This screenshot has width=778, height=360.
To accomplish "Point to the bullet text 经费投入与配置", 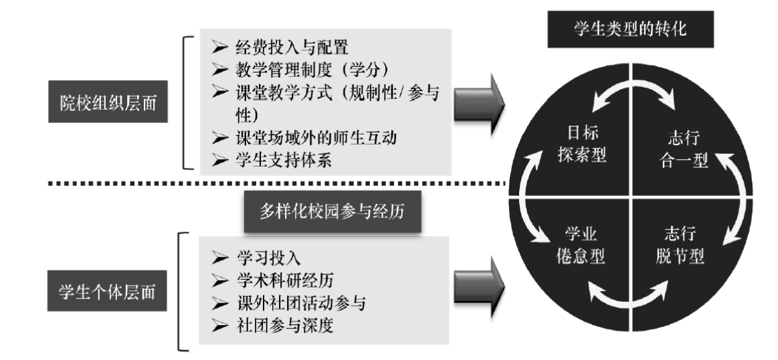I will [x=291, y=48].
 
